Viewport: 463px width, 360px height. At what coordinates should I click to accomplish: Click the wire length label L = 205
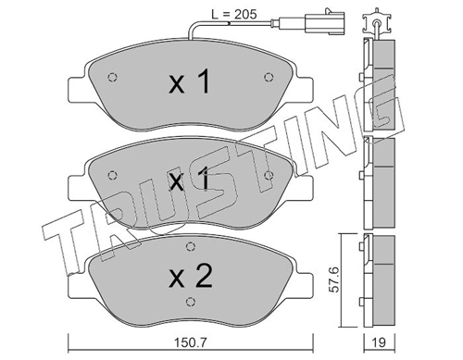(234, 14)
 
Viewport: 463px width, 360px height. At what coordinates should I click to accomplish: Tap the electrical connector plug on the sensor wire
(325, 22)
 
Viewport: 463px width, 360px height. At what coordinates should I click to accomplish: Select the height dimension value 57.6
(334, 279)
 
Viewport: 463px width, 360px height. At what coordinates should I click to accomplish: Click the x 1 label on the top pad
(190, 81)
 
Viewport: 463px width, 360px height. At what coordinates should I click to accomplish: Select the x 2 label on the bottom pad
(191, 276)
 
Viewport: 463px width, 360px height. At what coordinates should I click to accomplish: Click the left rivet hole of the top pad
(113, 77)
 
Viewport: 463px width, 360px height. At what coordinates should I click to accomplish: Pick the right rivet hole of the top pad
(269, 77)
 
